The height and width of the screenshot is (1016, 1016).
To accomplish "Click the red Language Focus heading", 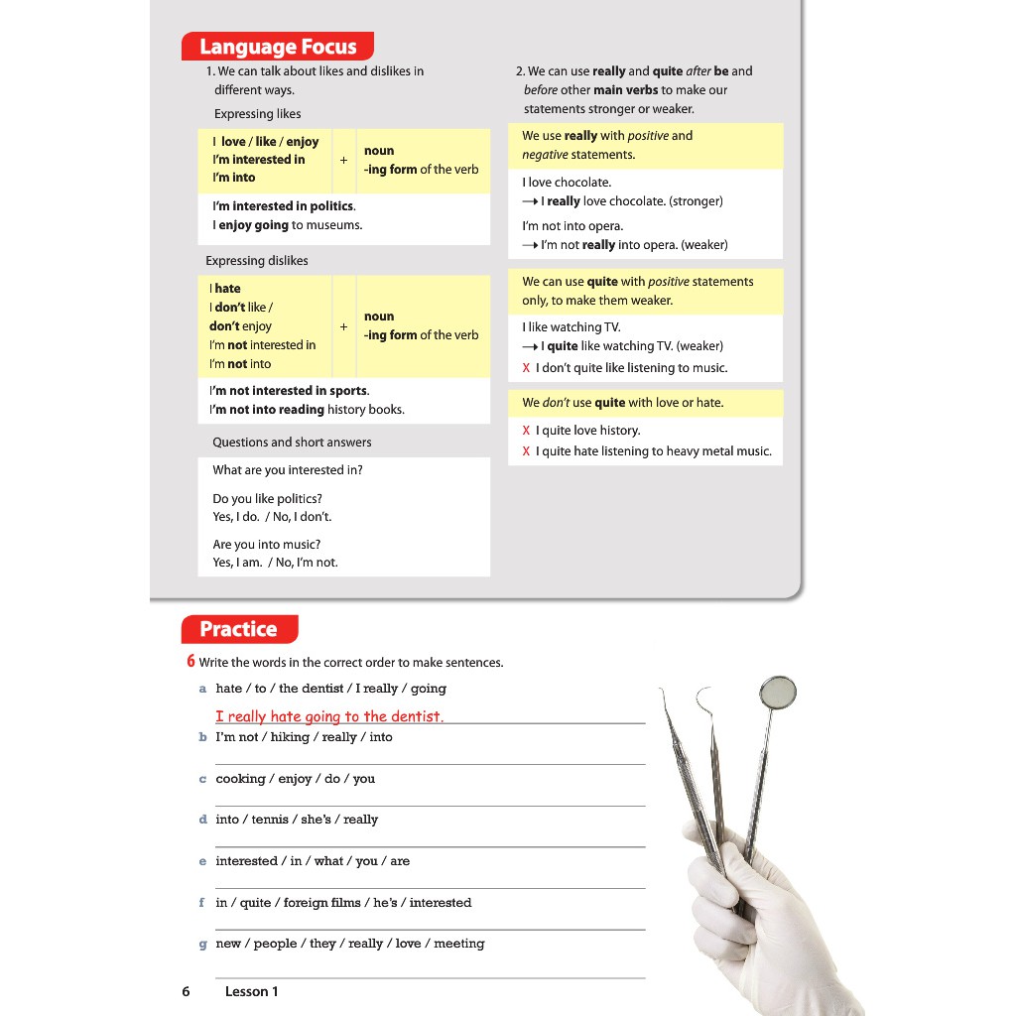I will point(277,47).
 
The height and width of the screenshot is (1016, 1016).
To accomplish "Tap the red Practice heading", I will point(238,629).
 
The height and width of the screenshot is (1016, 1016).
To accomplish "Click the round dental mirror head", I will point(777,692).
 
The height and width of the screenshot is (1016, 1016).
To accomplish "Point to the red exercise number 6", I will point(190,662).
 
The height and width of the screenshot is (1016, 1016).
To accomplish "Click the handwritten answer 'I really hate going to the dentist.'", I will point(329,716).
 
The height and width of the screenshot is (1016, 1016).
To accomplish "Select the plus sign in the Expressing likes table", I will point(343,159).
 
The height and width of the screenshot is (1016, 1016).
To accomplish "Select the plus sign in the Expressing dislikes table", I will point(343,326).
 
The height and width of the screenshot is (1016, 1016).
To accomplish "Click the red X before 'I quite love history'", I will point(526,431).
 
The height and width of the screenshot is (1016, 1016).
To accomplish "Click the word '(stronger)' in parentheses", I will point(696,201).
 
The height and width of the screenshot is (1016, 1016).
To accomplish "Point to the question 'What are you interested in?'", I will point(288,470).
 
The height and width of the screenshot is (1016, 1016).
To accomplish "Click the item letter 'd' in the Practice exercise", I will point(202,820).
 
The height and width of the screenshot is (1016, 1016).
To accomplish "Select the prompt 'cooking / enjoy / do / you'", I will point(296,779).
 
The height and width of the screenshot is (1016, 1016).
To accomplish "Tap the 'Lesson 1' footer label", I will point(252,991).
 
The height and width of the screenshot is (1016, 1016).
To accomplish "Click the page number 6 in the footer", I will point(186,991).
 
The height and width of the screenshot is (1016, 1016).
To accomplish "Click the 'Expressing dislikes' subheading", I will point(257,261).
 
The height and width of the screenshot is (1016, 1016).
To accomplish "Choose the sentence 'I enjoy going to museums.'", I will point(288,225).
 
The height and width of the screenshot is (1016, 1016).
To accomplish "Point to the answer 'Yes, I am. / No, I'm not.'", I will point(275,563).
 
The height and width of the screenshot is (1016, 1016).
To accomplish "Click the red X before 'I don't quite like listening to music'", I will point(526,368).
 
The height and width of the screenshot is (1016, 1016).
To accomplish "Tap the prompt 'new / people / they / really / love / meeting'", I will point(350,944).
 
